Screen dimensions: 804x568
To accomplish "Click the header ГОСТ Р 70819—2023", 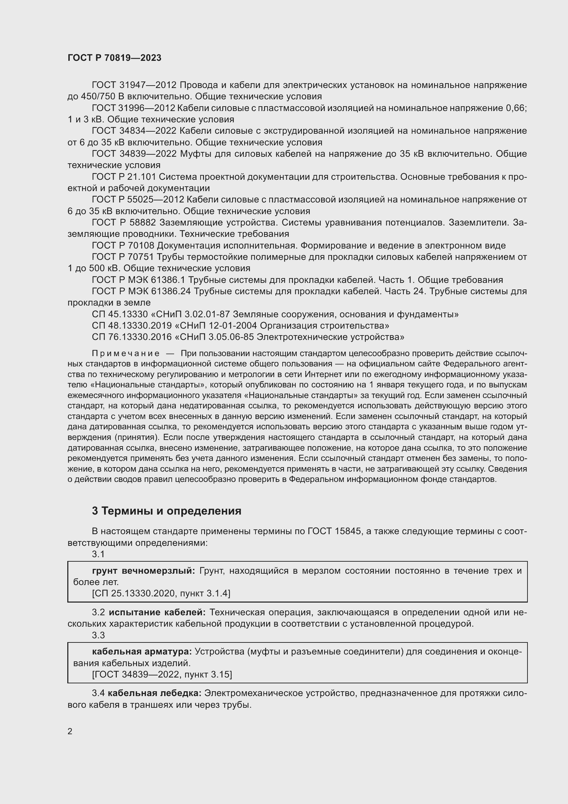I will [x=114, y=58].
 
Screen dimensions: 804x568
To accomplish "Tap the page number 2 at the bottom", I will [x=70, y=731].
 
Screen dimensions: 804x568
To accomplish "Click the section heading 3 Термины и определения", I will [x=167, y=511].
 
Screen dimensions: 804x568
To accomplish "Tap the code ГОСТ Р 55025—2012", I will [x=138, y=200].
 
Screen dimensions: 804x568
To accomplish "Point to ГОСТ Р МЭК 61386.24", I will [x=141, y=291].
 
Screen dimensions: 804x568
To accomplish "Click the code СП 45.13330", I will [x=120, y=315].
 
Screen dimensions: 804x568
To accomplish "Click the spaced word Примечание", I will [x=126, y=353].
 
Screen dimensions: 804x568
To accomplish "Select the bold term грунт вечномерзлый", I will [x=144, y=571].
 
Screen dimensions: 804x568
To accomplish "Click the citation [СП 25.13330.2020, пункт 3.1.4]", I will [x=161, y=594].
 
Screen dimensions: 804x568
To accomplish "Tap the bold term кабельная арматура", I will [x=141, y=652].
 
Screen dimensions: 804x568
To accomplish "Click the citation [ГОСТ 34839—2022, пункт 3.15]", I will [x=162, y=674].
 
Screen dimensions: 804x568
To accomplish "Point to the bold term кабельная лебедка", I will [x=154, y=693].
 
